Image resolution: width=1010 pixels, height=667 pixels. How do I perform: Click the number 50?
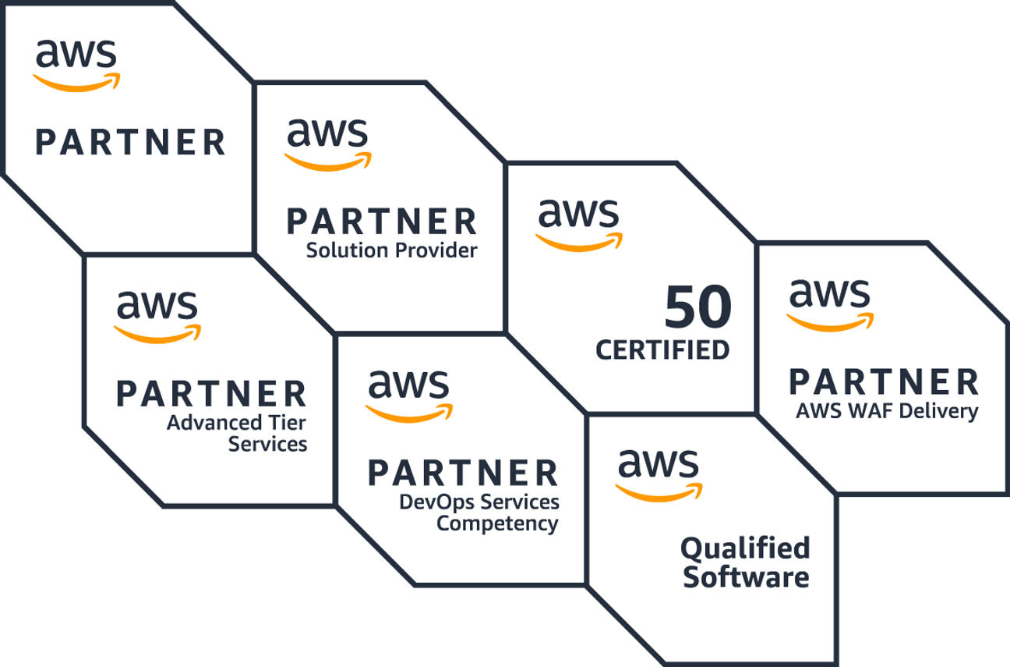point(698,308)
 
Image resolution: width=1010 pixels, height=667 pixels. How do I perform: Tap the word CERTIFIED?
point(662,349)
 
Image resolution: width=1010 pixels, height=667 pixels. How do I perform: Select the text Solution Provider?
point(391,251)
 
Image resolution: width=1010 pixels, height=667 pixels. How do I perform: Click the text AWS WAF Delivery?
point(886,410)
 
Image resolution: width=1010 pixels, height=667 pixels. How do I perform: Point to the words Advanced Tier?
point(236,424)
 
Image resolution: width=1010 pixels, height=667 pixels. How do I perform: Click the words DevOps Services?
point(479,502)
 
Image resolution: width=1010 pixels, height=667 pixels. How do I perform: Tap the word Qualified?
point(745,548)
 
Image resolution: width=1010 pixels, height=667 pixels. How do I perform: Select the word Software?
point(745,578)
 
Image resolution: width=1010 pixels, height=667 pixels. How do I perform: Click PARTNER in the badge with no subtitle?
point(131,143)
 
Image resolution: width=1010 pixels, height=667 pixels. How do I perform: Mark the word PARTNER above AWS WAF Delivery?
point(884,382)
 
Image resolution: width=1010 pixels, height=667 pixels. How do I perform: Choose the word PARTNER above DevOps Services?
point(463,473)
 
